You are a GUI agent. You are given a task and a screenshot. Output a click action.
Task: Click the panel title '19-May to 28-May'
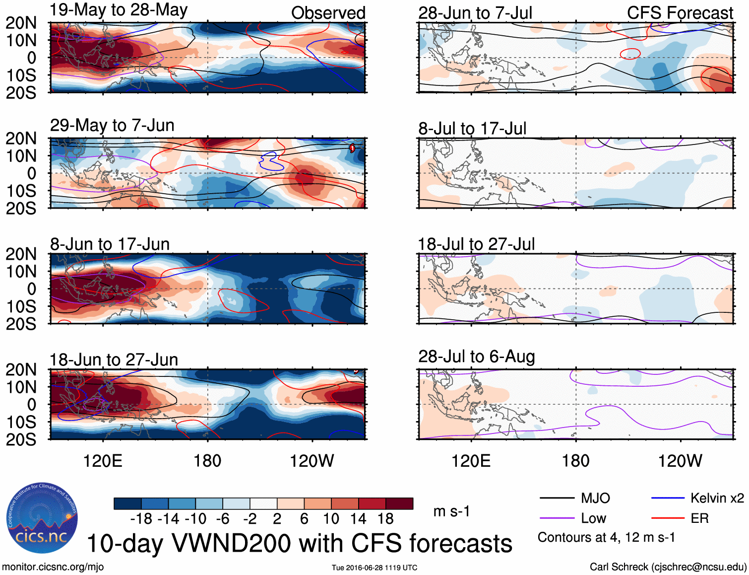pos(119,10)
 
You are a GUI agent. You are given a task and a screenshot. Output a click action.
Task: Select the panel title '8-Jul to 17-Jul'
pos(472,129)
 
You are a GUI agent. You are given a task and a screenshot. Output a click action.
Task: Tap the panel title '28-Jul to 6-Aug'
pos(476,357)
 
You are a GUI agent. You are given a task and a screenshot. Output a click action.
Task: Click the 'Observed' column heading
pos(328,13)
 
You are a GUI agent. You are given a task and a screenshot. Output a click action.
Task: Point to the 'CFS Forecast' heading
pos(680,13)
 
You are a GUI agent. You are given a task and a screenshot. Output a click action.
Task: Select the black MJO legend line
pos(557,498)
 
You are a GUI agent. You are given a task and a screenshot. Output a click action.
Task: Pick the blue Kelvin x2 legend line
pos(668,498)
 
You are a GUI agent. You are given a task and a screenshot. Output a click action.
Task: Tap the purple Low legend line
pos(557,518)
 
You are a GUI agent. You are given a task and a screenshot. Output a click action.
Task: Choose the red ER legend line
pos(668,518)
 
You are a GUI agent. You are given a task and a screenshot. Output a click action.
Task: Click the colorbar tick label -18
pos(141,519)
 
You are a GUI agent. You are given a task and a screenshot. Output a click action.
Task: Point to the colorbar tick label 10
pos(331,519)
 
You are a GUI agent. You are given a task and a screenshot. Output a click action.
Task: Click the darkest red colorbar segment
pos(399,503)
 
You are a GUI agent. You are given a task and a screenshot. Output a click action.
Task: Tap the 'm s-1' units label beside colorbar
pos(451,511)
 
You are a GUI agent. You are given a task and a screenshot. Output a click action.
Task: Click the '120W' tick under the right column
pos(680,461)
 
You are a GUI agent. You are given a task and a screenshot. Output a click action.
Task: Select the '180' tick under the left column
pos(207,461)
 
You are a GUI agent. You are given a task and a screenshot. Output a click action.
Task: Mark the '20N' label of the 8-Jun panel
pos(21,254)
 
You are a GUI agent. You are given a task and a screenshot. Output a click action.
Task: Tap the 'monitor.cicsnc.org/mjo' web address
pos(53,567)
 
